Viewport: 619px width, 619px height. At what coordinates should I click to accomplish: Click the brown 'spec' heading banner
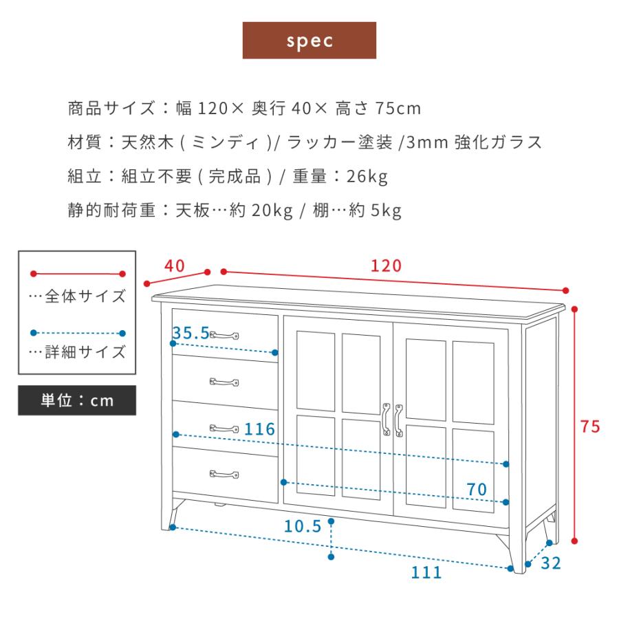click(309, 41)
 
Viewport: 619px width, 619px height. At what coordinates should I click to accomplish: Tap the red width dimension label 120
click(386, 265)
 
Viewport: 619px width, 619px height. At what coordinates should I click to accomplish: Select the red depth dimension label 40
click(175, 265)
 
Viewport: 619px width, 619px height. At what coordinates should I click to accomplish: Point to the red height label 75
click(590, 426)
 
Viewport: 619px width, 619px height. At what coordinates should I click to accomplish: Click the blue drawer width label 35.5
click(191, 333)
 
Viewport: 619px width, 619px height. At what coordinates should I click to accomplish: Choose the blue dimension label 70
click(477, 490)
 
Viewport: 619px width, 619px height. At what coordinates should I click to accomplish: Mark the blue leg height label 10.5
click(303, 527)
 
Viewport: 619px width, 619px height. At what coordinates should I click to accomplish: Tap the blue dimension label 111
click(427, 572)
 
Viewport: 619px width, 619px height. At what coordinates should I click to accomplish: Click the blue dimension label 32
click(551, 564)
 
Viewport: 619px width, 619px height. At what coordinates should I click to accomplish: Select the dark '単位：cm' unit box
click(77, 400)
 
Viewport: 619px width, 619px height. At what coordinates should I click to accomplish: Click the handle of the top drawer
click(224, 335)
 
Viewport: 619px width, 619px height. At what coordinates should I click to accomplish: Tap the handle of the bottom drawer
click(224, 474)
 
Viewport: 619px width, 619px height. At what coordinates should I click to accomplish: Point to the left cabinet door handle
click(386, 419)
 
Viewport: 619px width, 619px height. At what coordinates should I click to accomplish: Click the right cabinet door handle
click(398, 419)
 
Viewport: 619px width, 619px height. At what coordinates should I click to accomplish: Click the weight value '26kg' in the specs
click(367, 177)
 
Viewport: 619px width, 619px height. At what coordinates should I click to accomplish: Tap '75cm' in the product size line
click(398, 109)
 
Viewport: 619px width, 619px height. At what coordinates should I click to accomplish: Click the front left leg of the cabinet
click(169, 516)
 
